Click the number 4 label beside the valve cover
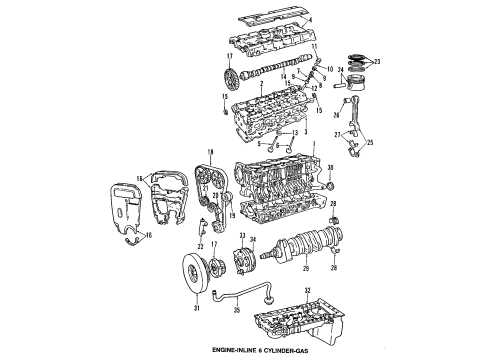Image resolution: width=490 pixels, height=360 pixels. click(311, 19)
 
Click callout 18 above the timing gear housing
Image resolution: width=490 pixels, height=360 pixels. click(207, 151)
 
